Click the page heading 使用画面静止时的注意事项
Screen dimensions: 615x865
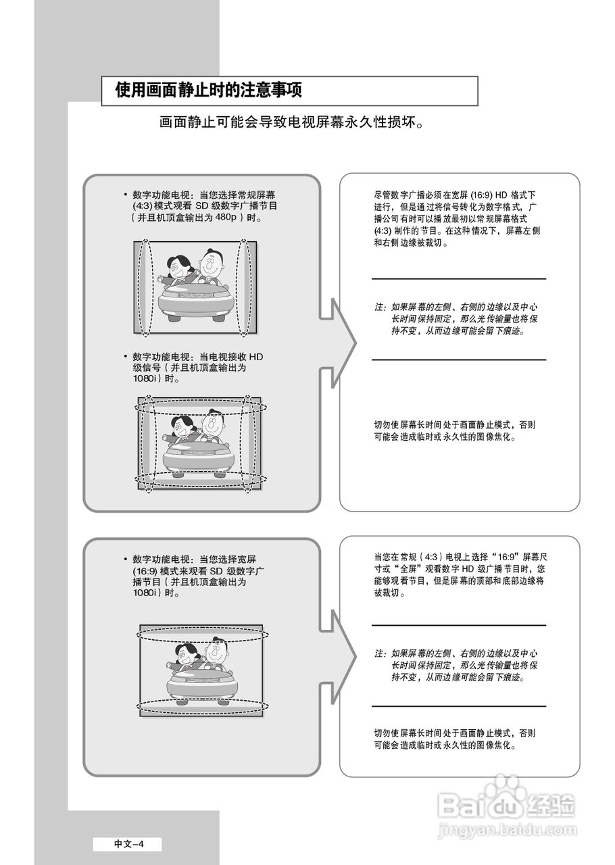coord(208,91)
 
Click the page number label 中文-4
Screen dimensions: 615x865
coord(128,843)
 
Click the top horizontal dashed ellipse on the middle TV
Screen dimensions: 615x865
coord(201,406)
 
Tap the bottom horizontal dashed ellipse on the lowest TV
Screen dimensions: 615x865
coord(202,707)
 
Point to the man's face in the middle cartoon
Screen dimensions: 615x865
coord(214,426)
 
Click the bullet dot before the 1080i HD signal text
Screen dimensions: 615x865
coord(125,356)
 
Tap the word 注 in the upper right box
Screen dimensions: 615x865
coord(378,307)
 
